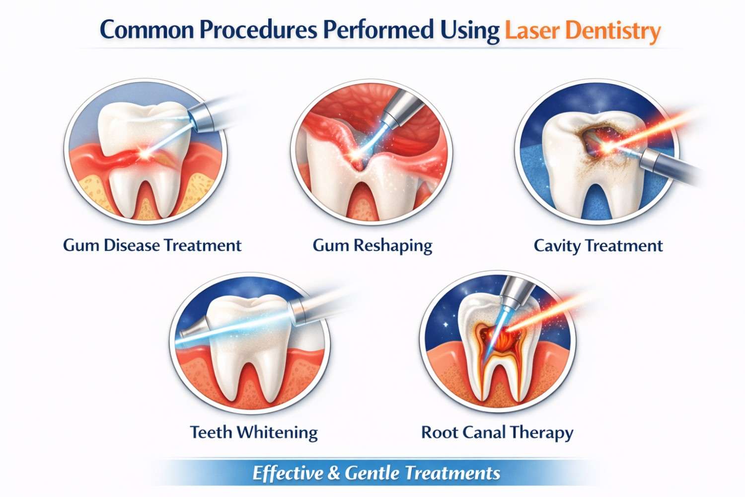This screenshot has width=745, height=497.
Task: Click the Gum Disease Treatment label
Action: click(x=152, y=246)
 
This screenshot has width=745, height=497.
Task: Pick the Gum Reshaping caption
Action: click(x=372, y=246)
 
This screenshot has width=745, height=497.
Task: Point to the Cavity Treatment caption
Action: click(x=598, y=246)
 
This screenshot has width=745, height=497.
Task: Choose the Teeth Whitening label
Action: click(x=254, y=432)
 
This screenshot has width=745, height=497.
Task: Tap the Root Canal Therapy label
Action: click(x=497, y=432)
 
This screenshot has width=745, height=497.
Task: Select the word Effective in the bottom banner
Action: click(x=287, y=473)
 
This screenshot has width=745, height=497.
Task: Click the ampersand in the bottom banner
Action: click(x=334, y=473)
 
